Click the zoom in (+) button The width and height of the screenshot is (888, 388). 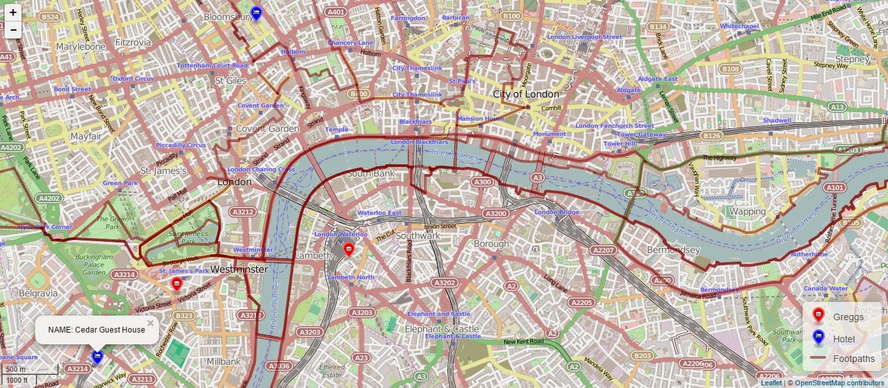(13, 12)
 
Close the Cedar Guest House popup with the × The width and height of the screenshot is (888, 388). (150, 323)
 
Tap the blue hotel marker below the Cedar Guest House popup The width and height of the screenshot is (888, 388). (97, 356)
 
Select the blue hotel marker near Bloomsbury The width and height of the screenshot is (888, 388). (256, 12)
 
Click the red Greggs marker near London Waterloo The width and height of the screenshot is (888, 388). (349, 249)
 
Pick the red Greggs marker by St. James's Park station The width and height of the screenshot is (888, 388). (177, 284)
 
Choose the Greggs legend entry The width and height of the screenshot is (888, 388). (848, 317)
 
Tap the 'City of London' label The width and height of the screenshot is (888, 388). (526, 94)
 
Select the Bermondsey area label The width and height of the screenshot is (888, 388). (673, 250)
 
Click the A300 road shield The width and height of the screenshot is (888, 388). (483, 183)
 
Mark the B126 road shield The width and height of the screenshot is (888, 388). (711, 136)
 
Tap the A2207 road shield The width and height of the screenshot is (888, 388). (603, 250)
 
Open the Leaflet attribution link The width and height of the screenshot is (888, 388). (771, 383)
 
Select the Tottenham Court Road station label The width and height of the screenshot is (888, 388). (212, 66)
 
